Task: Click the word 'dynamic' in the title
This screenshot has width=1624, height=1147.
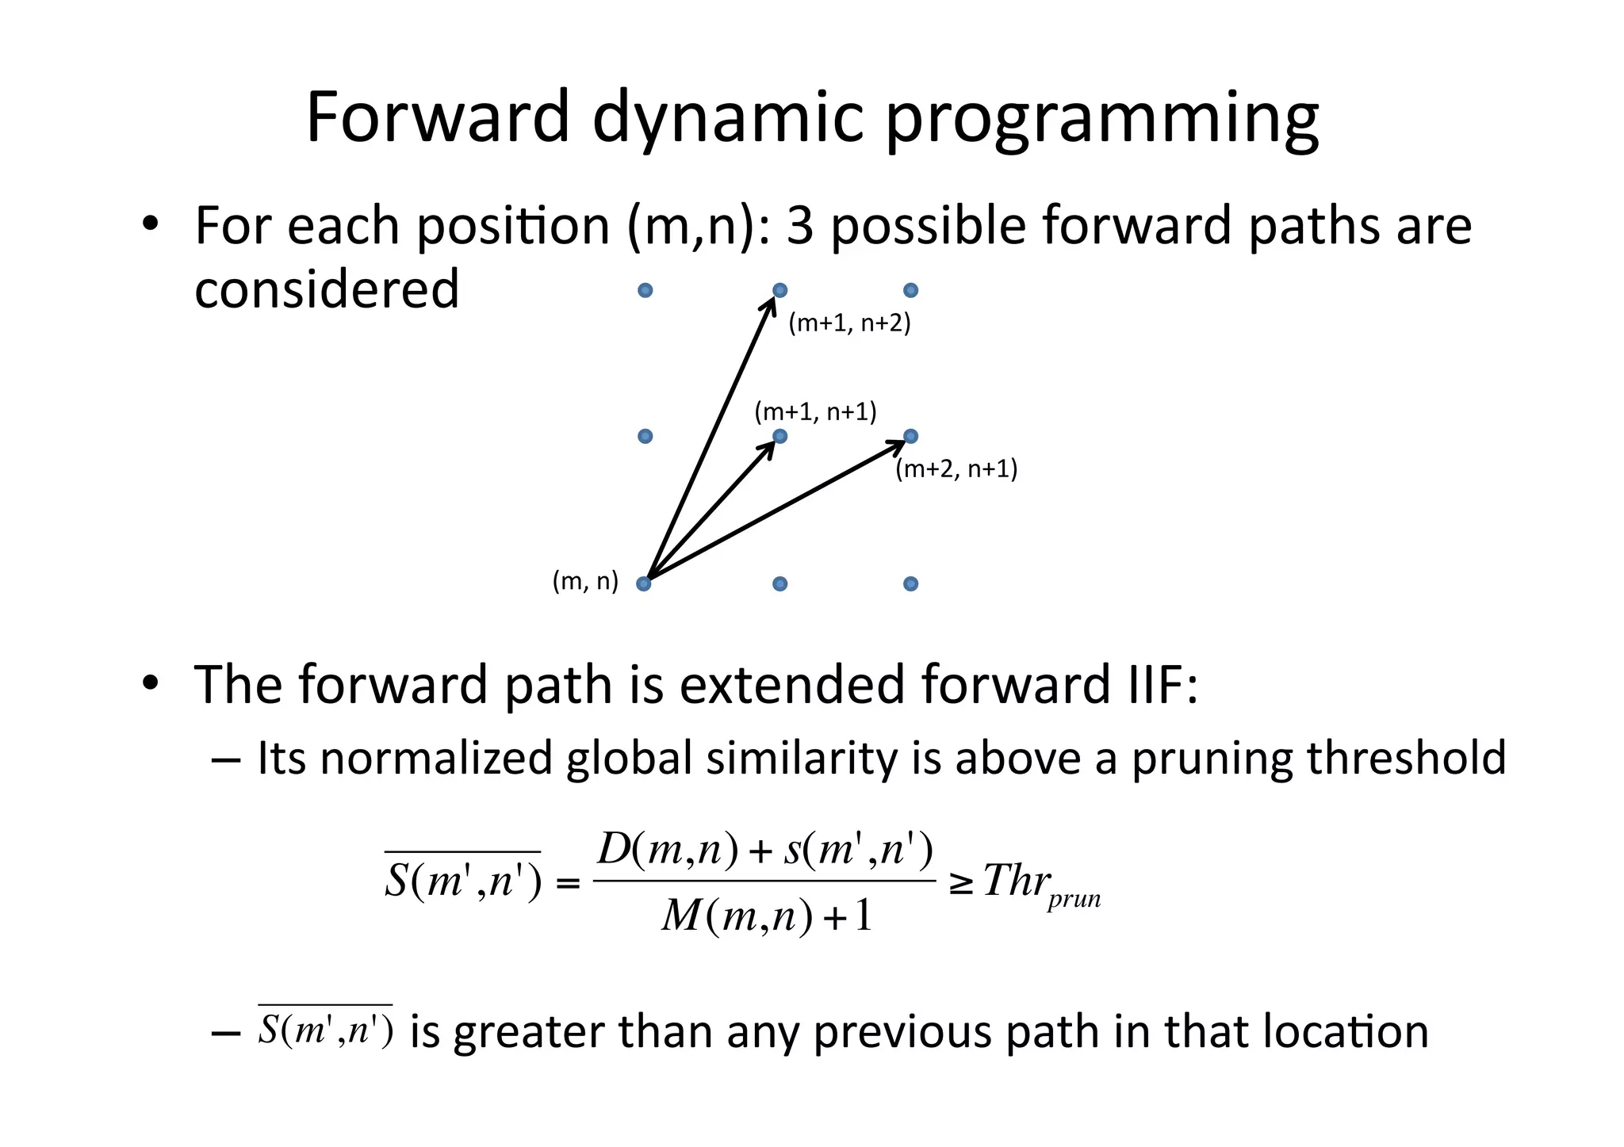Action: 726,119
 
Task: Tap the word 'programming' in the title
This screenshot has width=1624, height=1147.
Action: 1101,119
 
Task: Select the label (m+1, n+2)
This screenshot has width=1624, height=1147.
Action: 849,323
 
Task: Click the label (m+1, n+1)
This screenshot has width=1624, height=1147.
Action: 815,412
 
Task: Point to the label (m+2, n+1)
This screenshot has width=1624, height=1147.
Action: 956,469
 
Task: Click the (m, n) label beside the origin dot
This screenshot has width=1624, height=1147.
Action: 585,581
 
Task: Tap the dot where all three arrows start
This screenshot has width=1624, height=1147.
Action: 644,584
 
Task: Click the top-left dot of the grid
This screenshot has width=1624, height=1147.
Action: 645,290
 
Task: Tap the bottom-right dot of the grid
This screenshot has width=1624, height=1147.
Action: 910,584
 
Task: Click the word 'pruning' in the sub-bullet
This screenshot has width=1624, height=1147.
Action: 1211,758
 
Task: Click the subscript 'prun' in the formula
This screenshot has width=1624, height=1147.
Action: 1074,900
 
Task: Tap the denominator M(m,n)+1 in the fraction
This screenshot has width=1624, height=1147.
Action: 766,916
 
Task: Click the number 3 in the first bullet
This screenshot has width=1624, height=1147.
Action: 800,226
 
